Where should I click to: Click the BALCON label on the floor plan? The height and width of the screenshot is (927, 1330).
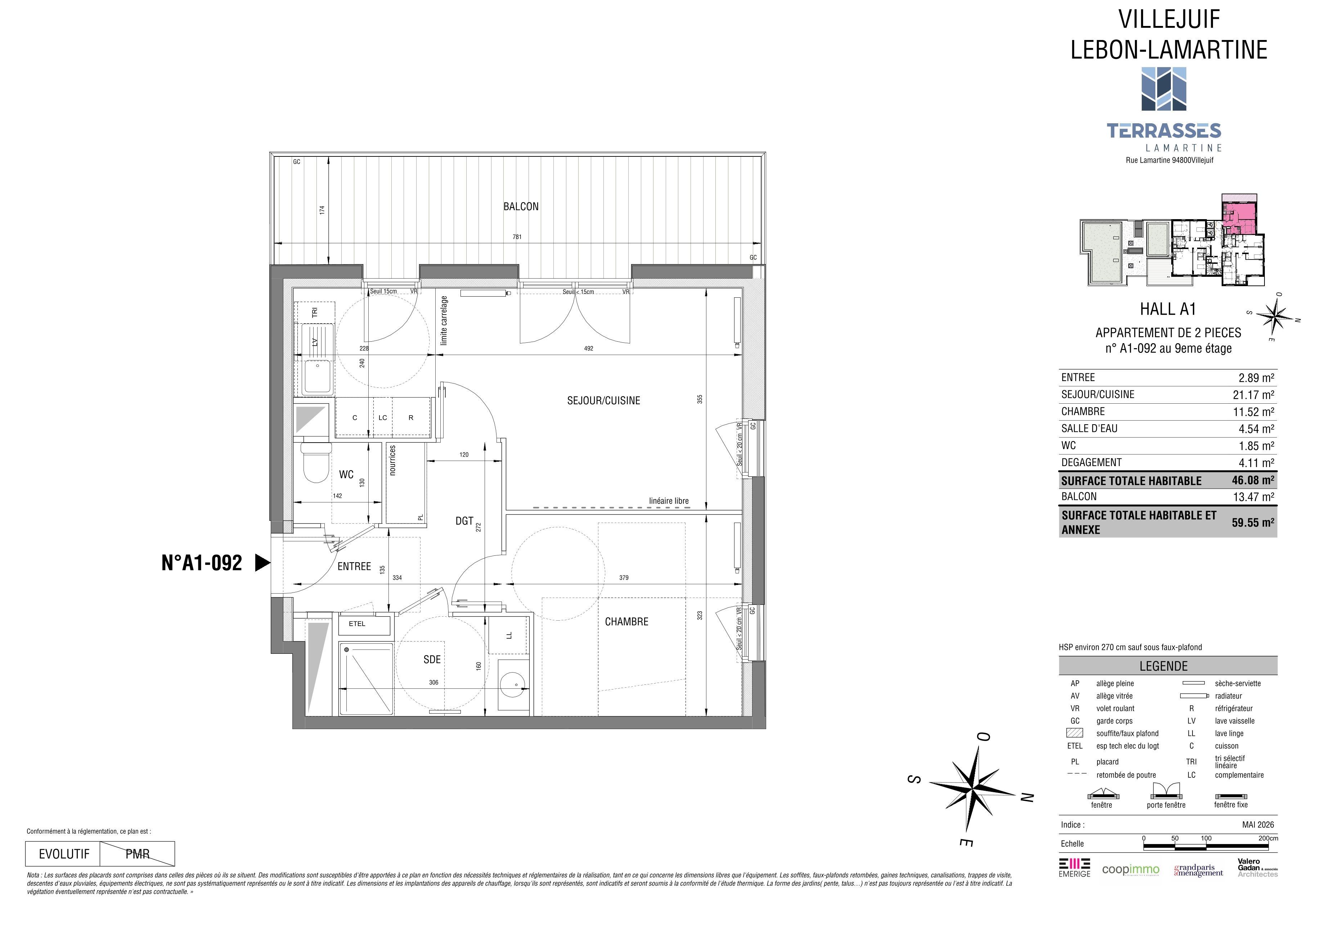coord(521,207)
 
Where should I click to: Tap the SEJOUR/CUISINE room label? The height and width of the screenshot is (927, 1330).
coord(603,400)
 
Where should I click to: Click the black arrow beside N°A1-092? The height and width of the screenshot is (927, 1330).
coord(263,563)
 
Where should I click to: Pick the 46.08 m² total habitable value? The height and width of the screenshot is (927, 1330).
coord(1253,480)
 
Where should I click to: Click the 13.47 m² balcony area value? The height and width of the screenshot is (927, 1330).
coord(1253,497)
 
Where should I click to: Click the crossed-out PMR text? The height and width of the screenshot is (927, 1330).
coord(137,854)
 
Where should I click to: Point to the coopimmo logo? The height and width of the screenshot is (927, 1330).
coord(1131,870)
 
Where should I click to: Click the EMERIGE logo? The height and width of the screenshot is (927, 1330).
coord(1074,867)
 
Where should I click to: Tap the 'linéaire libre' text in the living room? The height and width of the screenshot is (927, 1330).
coord(669,501)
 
